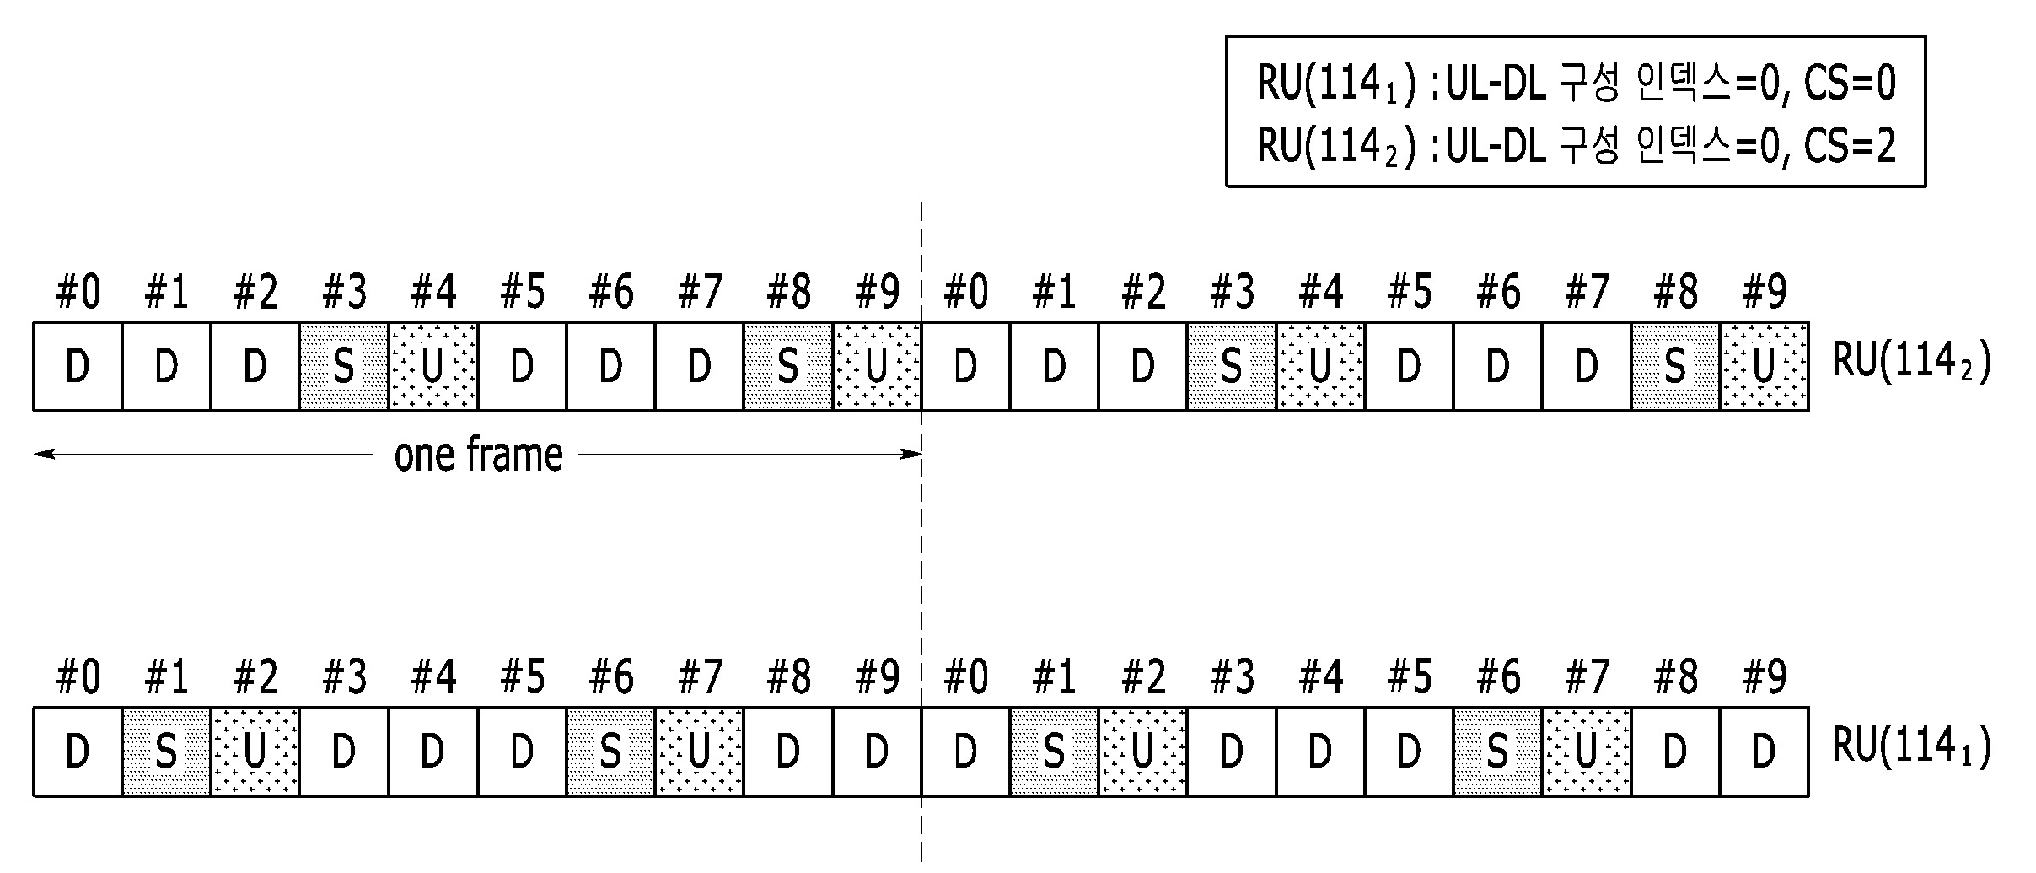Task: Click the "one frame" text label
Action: pos(478,455)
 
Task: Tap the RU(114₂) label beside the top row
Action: pos(1911,362)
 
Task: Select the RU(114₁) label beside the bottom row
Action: pos(1911,746)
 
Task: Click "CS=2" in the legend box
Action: pos(1850,146)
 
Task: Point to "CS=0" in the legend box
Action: pos(1850,84)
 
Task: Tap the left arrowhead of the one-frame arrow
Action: pos(44,455)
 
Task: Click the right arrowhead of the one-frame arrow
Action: pos(911,455)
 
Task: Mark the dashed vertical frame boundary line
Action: pos(921,531)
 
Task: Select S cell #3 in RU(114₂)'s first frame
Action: pos(344,367)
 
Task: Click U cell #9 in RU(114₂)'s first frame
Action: pos(877,367)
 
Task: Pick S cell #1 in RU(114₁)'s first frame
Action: pos(166,752)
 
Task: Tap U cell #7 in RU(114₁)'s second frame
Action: pos(1587,752)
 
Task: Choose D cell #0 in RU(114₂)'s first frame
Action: pos(78,367)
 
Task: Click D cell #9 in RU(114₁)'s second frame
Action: pos(1765,752)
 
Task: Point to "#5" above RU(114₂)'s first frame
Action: pos(522,292)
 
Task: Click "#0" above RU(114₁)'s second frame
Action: pos(966,676)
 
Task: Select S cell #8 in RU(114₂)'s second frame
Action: pos(1675,367)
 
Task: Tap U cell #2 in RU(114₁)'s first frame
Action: pos(255,752)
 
